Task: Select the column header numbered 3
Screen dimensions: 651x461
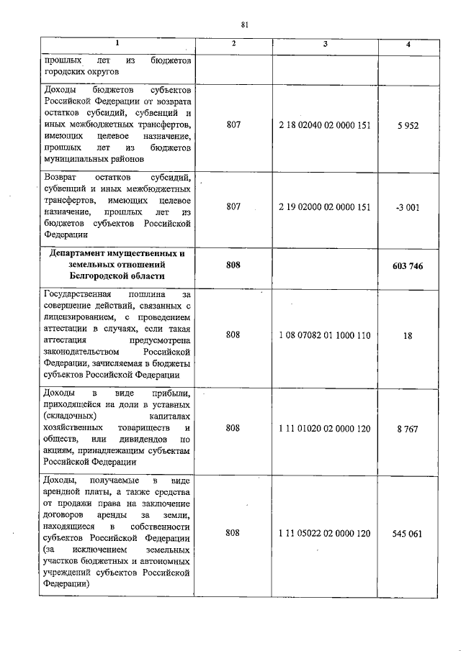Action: point(326,45)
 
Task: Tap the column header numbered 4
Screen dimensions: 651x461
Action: point(408,45)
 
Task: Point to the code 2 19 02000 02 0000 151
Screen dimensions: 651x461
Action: point(325,206)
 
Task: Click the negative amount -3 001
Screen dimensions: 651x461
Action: point(408,206)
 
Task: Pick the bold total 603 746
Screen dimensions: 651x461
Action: point(408,265)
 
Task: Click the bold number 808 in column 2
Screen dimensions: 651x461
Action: point(233,265)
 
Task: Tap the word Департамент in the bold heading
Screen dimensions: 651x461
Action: point(81,254)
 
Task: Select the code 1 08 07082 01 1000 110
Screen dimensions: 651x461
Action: point(325,334)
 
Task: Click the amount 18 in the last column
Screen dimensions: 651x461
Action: point(408,334)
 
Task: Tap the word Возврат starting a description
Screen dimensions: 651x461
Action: point(61,177)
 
